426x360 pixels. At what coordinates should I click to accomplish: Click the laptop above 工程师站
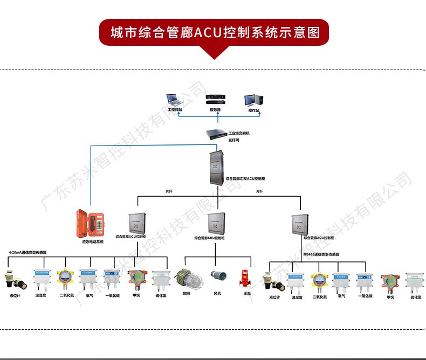[174, 100]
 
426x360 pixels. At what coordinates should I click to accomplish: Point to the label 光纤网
[233, 140]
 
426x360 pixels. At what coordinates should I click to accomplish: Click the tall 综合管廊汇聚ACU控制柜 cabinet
[217, 167]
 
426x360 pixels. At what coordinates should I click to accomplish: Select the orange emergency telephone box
[91, 223]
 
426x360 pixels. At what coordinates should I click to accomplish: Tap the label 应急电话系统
[93, 242]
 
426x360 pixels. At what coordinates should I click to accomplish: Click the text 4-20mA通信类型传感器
[28, 252]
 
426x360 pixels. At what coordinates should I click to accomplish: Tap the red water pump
[246, 279]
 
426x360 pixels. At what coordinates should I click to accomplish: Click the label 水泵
[248, 294]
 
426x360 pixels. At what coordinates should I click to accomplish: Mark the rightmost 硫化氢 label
[416, 297]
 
